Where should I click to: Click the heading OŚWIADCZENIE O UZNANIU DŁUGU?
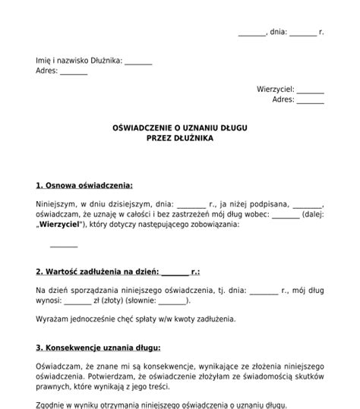pyautogui.click(x=180, y=128)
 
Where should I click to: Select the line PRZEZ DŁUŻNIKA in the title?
pyautogui.click(x=180, y=139)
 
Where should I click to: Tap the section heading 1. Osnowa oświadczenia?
pyautogui.click(x=84, y=185)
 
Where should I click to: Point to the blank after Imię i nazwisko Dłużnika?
pyautogui.click(x=138, y=61)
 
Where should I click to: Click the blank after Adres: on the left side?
pyautogui.click(x=74, y=72)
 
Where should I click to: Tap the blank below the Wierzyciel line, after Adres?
pyautogui.click(x=311, y=99)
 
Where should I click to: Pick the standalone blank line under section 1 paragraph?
pyautogui.click(x=64, y=244)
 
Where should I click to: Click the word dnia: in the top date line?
pyautogui.click(x=277, y=33)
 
